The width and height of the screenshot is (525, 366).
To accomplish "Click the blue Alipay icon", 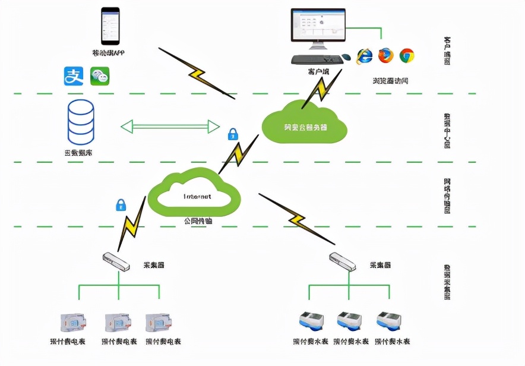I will point(74,76).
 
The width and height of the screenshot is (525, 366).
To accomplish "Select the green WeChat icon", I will point(100,76).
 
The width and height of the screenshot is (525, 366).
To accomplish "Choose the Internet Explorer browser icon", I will point(364,56).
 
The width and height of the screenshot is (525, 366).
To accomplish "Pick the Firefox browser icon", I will point(385,56).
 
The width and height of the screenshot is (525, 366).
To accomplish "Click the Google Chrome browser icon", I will point(407,56).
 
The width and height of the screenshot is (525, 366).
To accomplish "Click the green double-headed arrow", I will point(170,126).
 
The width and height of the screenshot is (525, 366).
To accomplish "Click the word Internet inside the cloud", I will point(197,195).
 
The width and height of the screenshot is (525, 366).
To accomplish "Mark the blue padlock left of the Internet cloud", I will point(121,206).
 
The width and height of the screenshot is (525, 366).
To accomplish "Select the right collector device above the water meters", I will point(343,261).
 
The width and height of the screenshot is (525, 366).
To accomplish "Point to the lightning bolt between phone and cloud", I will point(197,73).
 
